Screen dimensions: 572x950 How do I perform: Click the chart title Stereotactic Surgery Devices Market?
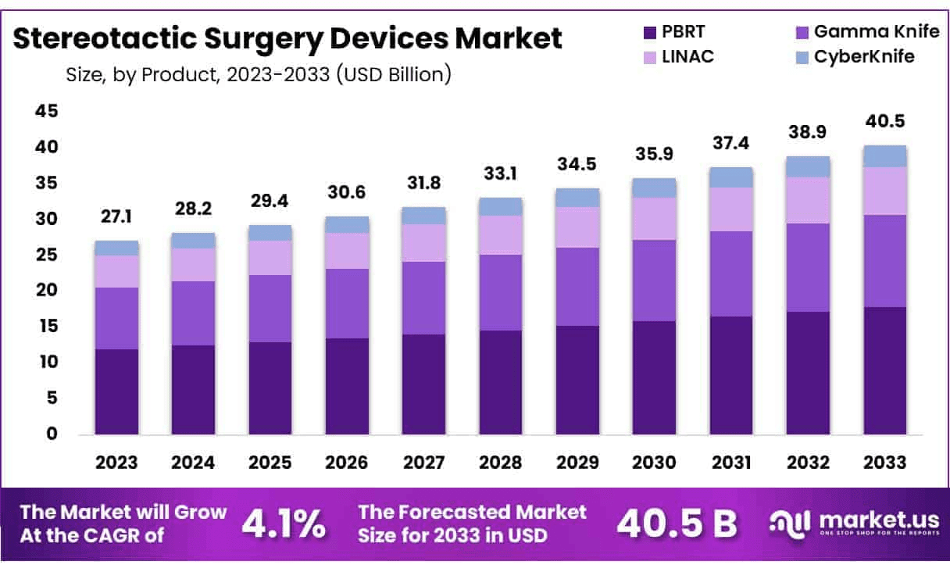pyautogui.click(x=287, y=38)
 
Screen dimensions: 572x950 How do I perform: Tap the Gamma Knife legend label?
pyautogui.click(x=863, y=32)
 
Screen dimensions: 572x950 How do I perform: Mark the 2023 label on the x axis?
pyautogui.click(x=116, y=462)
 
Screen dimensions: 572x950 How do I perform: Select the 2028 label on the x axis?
pyautogui.click(x=501, y=462)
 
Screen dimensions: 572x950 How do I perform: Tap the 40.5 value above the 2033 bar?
pyautogui.click(x=884, y=122)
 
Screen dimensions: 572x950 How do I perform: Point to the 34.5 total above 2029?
pyautogui.click(x=577, y=165)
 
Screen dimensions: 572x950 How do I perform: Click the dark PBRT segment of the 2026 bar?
pyautogui.click(x=347, y=386)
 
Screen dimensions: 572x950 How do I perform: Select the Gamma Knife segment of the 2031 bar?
pyautogui.click(x=730, y=273)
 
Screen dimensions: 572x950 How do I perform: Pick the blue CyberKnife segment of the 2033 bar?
pyautogui.click(x=884, y=156)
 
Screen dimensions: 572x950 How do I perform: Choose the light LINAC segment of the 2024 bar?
pyautogui.click(x=193, y=265)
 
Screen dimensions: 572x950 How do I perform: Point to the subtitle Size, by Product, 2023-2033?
pyautogui.click(x=258, y=75)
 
